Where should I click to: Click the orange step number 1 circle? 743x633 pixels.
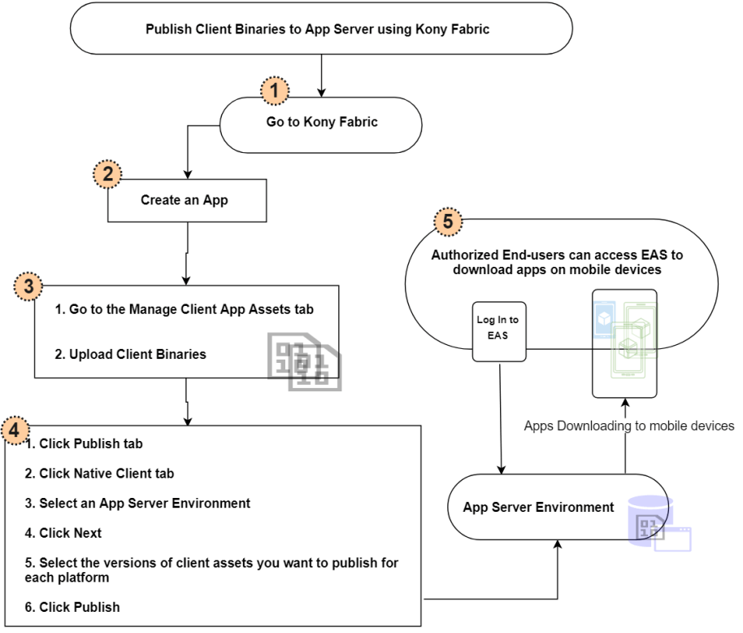click(x=275, y=91)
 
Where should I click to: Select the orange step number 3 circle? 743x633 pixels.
click(x=28, y=286)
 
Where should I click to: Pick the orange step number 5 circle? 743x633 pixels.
click(x=448, y=220)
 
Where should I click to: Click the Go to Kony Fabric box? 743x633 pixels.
click(x=322, y=123)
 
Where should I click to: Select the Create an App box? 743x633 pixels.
click(x=187, y=199)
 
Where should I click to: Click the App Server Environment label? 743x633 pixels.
click(x=538, y=507)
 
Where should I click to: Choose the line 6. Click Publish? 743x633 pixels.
click(x=72, y=606)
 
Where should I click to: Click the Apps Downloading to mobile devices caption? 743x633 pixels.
click(x=628, y=426)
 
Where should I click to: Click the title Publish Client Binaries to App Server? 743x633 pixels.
click(x=317, y=29)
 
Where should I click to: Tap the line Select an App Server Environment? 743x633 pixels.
click(x=137, y=503)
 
